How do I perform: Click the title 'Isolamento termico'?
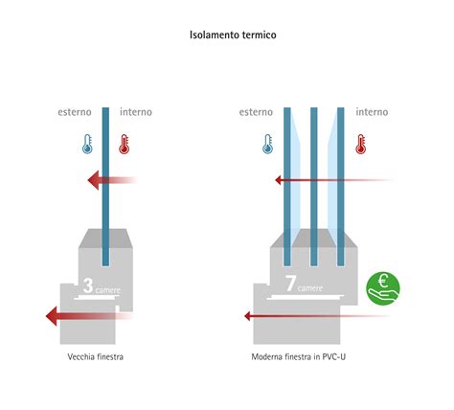tap(233, 34)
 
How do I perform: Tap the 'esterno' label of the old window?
tap(75, 112)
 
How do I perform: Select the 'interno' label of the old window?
tap(136, 112)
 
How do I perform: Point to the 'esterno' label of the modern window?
tap(256, 112)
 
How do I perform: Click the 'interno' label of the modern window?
tap(372, 112)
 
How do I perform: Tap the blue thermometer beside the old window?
tap(87, 144)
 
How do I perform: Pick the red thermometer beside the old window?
tap(124, 144)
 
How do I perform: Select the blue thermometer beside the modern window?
tap(267, 144)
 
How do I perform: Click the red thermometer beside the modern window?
tap(361, 144)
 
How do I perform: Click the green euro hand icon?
tap(383, 288)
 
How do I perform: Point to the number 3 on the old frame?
tap(88, 285)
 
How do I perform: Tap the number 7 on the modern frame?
tap(290, 284)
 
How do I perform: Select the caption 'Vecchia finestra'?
tap(96, 356)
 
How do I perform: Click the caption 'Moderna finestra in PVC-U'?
tap(299, 356)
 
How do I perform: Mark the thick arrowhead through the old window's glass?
tap(94, 180)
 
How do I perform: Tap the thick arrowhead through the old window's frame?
tap(52, 316)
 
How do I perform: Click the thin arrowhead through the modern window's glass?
tap(278, 180)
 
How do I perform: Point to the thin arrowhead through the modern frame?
tap(247, 316)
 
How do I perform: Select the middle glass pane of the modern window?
tap(314, 187)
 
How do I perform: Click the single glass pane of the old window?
tap(105, 187)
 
